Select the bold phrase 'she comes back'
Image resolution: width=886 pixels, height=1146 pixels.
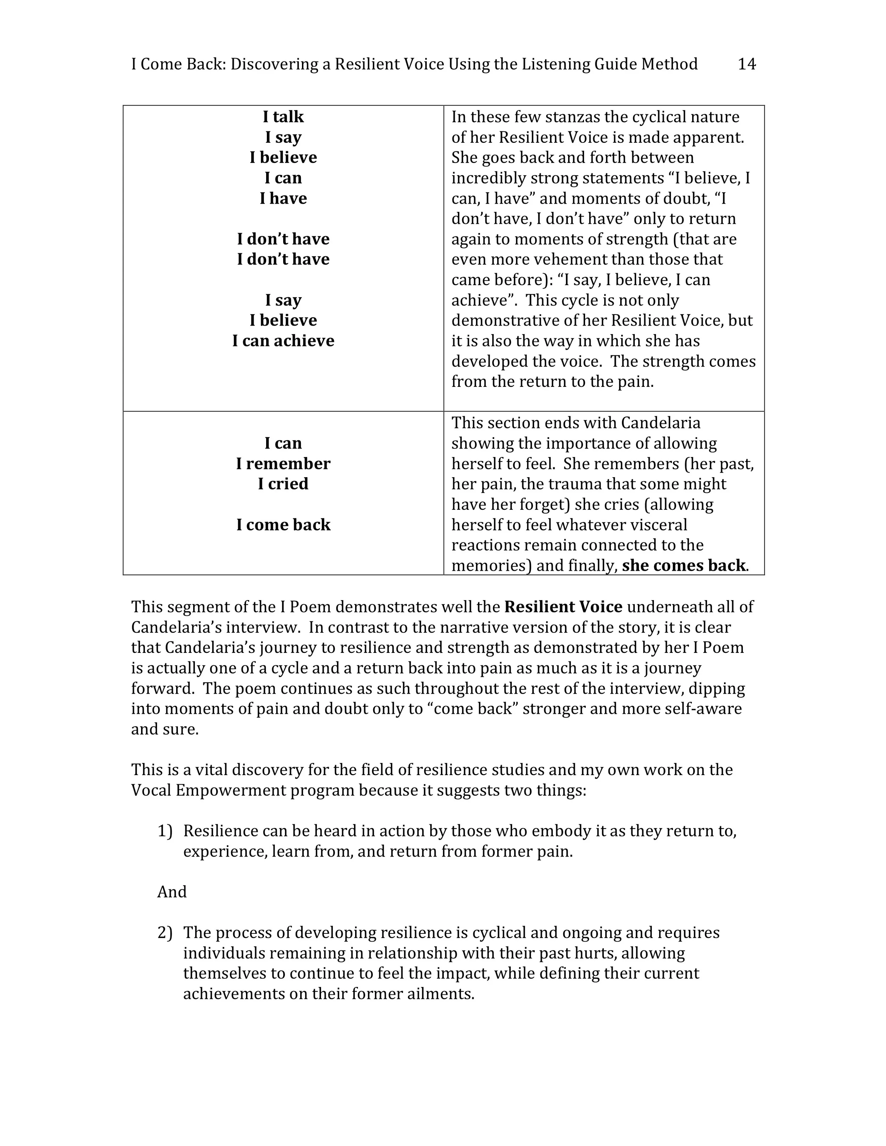pos(683,565)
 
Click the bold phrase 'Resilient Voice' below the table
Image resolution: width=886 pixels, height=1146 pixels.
pos(563,606)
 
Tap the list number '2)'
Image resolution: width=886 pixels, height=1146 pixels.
pos(165,932)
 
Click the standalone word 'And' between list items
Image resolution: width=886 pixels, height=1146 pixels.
pos(172,892)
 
